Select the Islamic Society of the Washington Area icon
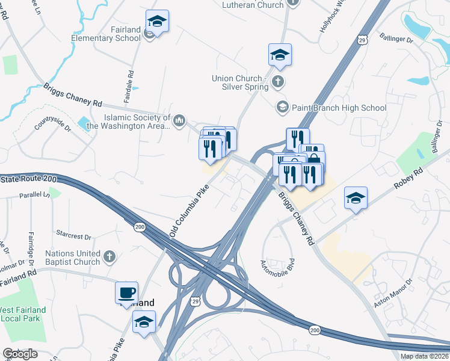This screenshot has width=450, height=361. click(x=179, y=122)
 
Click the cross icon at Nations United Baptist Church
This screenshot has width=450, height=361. click(x=109, y=257)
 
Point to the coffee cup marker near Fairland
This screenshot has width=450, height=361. click(x=126, y=292)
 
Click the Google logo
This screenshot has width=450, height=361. click(x=20, y=354)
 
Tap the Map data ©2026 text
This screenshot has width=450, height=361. click(x=424, y=356)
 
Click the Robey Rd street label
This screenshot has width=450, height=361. click(x=408, y=179)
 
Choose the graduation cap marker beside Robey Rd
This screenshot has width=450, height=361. click(x=356, y=197)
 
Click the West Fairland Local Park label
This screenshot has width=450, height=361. click(x=23, y=313)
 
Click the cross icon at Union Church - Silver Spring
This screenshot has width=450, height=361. click(x=277, y=81)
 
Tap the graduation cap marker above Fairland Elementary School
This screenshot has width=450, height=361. click(x=157, y=22)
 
